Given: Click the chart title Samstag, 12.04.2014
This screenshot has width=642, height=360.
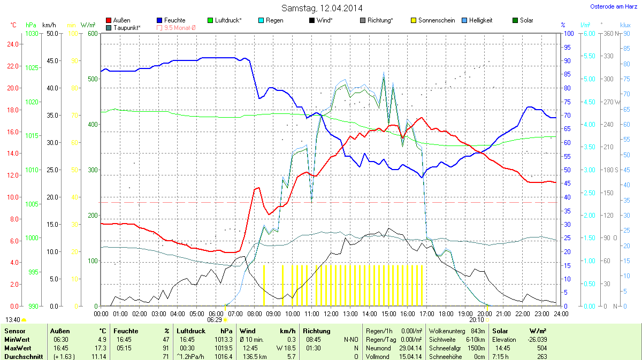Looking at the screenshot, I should [x=321, y=8].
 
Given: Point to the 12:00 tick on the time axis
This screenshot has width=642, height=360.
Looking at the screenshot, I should [x=331, y=313].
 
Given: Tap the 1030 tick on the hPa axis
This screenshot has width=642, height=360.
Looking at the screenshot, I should [x=32, y=33].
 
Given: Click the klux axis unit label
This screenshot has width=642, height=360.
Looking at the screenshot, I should [x=625, y=25].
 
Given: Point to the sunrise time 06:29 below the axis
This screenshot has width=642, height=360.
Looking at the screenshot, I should [x=215, y=319].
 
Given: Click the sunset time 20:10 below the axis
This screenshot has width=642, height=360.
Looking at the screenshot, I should [x=476, y=319].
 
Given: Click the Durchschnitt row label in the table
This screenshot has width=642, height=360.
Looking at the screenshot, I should [x=22, y=357].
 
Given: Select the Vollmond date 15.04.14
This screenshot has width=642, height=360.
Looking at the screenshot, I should [x=410, y=357].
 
